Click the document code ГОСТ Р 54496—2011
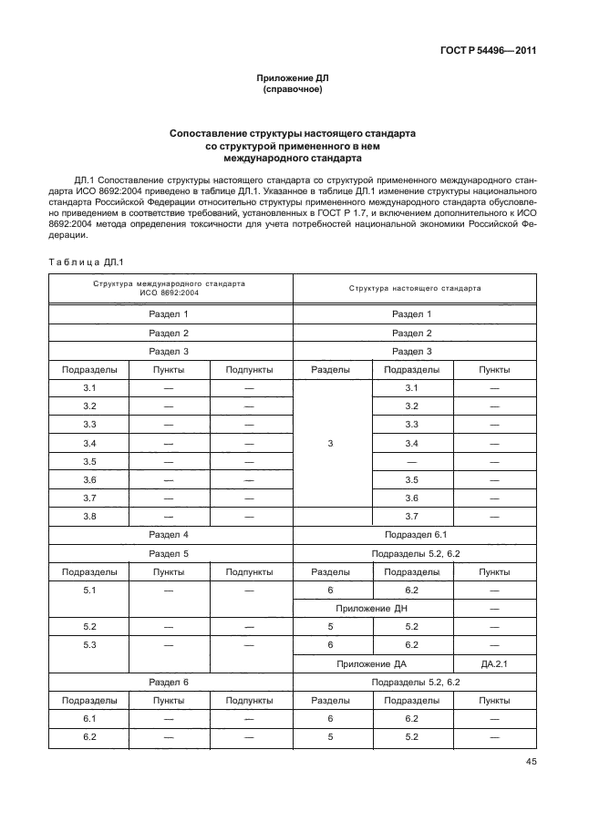point(490,51)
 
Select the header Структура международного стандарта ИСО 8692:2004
point(169,288)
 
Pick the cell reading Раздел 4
point(169,535)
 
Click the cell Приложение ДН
point(371,608)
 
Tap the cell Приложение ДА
point(371,663)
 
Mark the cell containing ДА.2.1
point(494,663)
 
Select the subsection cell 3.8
point(89,516)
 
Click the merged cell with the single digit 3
point(331,443)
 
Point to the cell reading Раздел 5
point(169,553)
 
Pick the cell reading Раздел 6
point(169,682)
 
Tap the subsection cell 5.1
point(89,590)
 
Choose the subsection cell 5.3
point(89,645)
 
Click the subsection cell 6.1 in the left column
point(89,718)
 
